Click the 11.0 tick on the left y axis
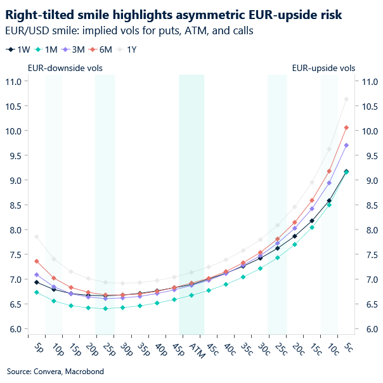[x=13, y=82]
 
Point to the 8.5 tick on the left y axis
[x=15, y=205]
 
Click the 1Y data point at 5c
[x=346, y=99]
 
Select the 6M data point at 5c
[x=346, y=127]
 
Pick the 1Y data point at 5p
[x=37, y=237]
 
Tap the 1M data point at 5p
[x=37, y=292]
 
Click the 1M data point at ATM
[x=191, y=295]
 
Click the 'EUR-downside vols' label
[x=65, y=68]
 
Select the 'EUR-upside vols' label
[x=323, y=68]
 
